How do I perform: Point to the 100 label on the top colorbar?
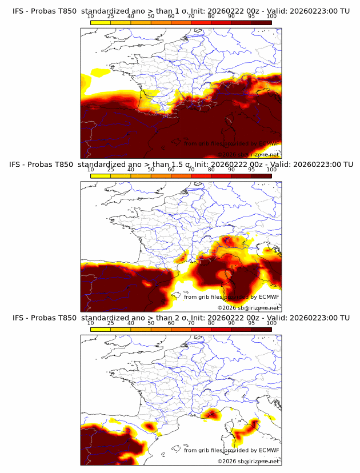(271, 16)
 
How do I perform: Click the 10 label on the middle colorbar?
(91, 170)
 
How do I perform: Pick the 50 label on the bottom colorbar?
(151, 323)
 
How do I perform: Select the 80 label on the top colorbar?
(211, 16)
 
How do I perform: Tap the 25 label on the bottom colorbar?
(111, 323)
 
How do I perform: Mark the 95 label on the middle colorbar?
(251, 170)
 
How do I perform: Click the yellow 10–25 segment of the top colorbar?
(101, 22)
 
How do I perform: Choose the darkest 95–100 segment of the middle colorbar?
(261, 176)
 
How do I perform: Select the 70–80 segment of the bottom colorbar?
(201, 329)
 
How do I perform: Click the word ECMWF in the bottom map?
(269, 450)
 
